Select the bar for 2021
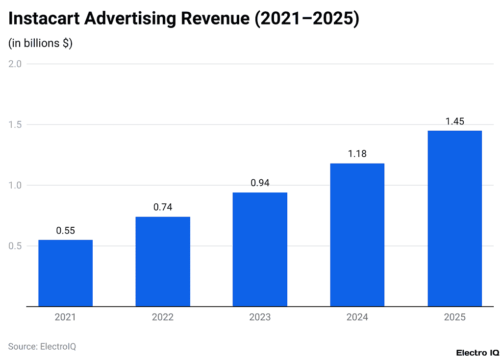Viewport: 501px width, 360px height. (x=65, y=273)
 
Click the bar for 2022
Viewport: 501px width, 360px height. (x=163, y=262)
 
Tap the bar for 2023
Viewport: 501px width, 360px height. (x=260, y=249)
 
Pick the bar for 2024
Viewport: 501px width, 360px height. (x=357, y=235)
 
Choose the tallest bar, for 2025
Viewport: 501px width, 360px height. (x=454, y=218)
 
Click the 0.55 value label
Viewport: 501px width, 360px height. (x=65, y=231)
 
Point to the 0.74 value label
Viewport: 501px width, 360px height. (x=163, y=207)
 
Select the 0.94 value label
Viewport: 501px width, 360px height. (x=260, y=183)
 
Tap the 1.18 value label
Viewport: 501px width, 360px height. (x=357, y=154)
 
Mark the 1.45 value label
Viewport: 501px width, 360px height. (x=454, y=121)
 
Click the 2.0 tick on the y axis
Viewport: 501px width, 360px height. (x=15, y=64)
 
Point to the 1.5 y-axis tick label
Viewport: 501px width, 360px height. (x=15, y=124)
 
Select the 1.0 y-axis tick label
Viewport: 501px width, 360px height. (x=15, y=185)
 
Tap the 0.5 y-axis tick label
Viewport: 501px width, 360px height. (x=15, y=246)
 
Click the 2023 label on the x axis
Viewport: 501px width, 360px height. (x=260, y=317)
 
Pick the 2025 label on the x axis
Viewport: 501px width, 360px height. (x=454, y=317)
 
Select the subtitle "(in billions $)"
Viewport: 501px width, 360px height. (x=40, y=43)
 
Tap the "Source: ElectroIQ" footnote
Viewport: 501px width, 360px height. (x=42, y=346)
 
